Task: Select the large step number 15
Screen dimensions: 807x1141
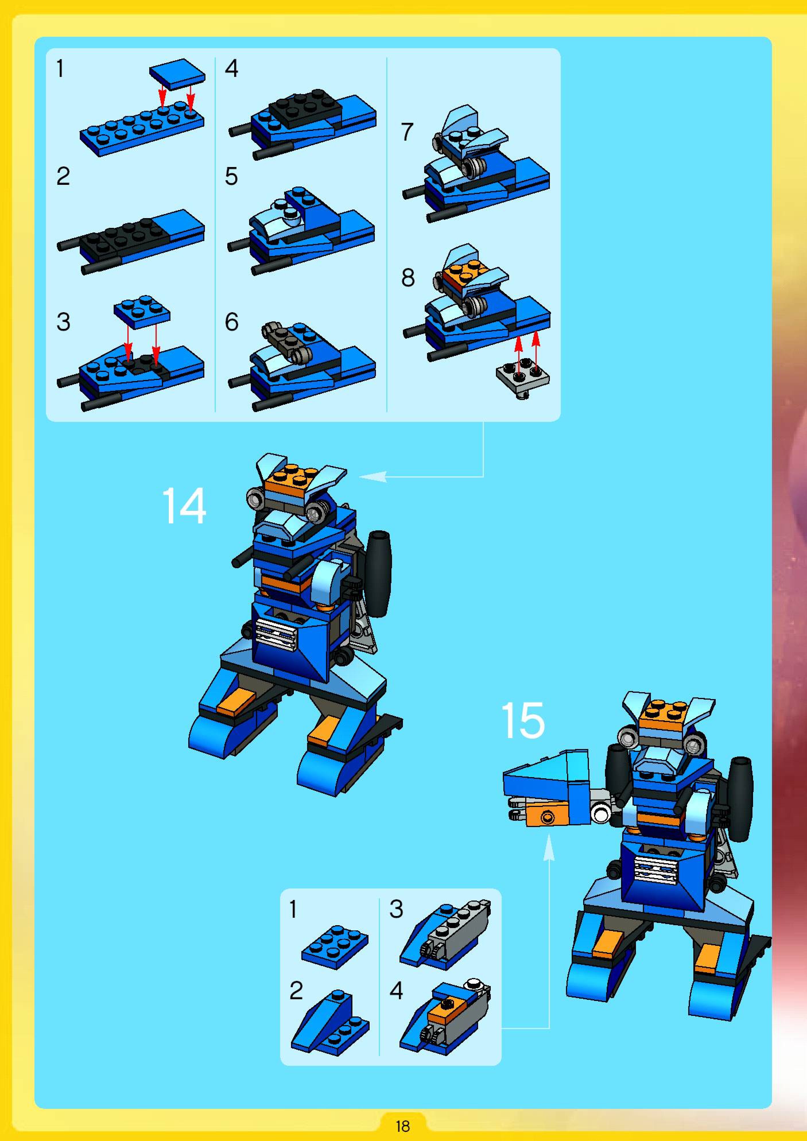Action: click(x=523, y=720)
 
